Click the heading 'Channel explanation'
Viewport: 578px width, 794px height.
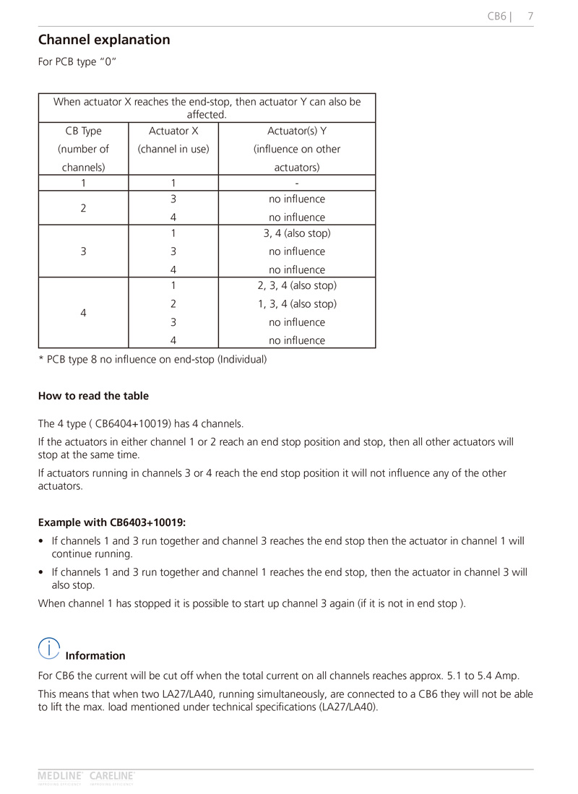(104, 40)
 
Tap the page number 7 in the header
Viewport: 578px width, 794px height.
(530, 16)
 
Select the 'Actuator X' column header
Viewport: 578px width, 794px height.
(173, 131)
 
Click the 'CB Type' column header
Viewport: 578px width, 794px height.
(83, 131)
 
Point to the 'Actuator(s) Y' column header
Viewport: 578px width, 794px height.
(296, 131)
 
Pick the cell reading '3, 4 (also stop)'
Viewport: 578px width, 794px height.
(297, 233)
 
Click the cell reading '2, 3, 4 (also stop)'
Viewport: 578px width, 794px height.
(297, 285)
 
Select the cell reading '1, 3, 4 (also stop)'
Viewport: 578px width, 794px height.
(297, 303)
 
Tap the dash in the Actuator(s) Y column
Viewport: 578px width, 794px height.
(297, 182)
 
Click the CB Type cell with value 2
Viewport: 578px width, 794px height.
(83, 208)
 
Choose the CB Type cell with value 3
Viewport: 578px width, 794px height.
(83, 251)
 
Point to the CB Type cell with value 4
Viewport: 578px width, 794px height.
(83, 313)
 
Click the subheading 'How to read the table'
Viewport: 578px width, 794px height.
(93, 396)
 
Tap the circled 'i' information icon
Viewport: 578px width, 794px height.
(49, 649)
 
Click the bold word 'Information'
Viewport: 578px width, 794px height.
(95, 656)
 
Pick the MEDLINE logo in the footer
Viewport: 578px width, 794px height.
(61, 777)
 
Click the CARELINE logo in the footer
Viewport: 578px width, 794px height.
(112, 777)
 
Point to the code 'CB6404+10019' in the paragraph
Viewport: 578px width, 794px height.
(134, 423)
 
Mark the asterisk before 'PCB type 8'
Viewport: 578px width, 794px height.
(40, 358)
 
